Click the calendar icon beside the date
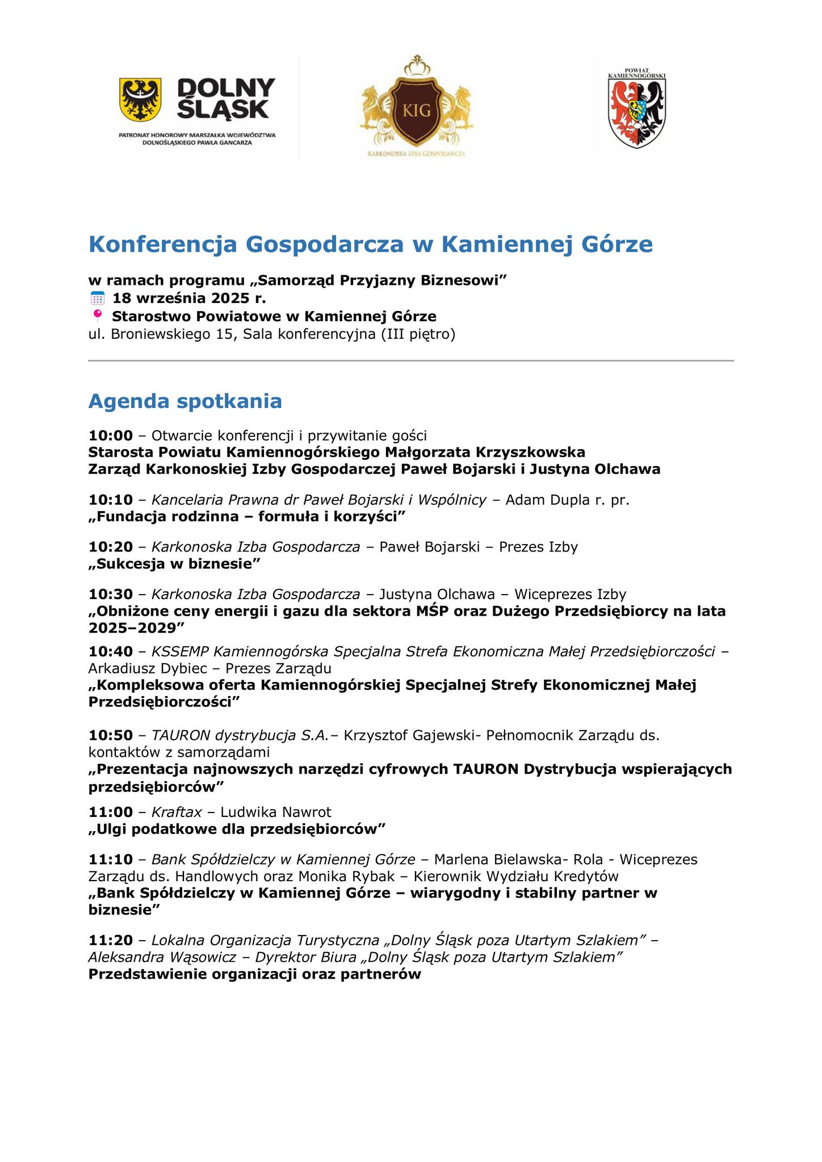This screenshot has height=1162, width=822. pyautogui.click(x=98, y=298)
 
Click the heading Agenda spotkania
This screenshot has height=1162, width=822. pyautogui.click(x=185, y=401)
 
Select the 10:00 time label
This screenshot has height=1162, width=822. pyautogui.click(x=111, y=436)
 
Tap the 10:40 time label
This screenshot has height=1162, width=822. pyautogui.click(x=111, y=651)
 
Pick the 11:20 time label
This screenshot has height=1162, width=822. pyautogui.click(x=111, y=940)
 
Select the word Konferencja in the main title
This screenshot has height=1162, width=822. pyautogui.click(x=163, y=245)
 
